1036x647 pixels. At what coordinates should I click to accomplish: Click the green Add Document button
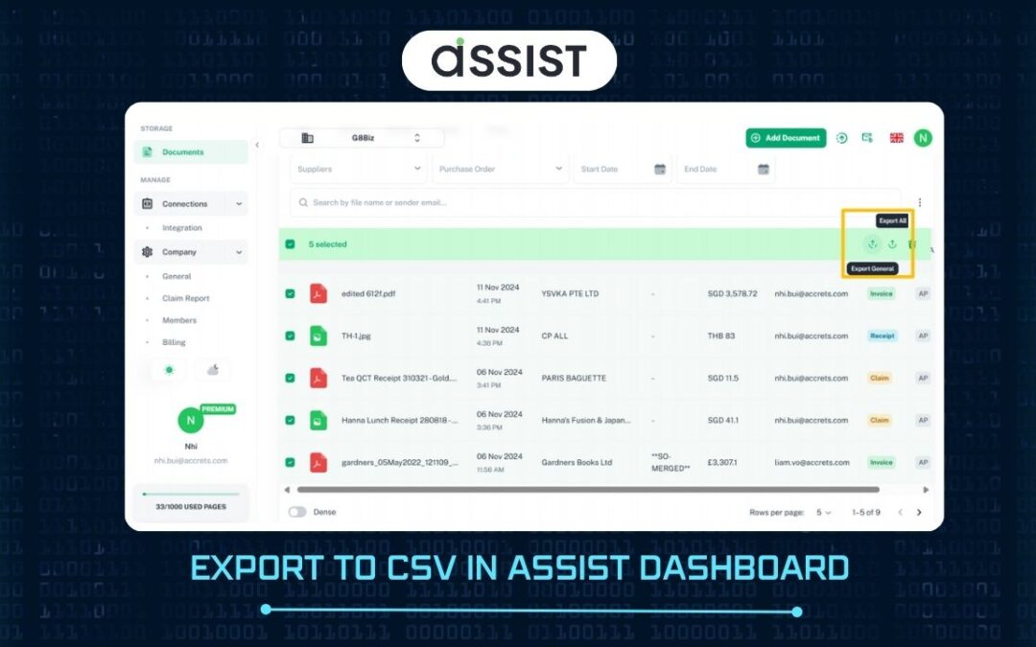(x=786, y=138)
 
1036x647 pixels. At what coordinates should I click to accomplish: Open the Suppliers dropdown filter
(x=359, y=169)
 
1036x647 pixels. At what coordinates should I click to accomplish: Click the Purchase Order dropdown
(x=500, y=169)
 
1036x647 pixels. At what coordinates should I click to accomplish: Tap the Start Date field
(x=622, y=169)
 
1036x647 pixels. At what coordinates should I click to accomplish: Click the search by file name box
(x=595, y=202)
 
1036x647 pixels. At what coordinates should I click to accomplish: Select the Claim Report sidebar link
(x=185, y=298)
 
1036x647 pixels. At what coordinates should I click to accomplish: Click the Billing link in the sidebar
(x=174, y=342)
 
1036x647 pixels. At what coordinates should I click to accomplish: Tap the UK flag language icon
(x=897, y=138)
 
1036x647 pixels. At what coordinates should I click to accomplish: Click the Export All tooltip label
(x=892, y=220)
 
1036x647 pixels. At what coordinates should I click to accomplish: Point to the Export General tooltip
(x=871, y=268)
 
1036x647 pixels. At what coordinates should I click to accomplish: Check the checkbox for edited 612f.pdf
(x=291, y=293)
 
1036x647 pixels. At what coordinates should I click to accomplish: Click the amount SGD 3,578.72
(x=732, y=293)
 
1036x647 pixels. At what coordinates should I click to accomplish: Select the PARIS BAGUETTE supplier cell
(x=574, y=378)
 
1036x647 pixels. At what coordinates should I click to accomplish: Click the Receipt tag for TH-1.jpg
(x=882, y=335)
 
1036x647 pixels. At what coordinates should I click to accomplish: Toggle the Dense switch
(x=297, y=512)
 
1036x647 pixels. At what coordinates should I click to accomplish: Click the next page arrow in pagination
(x=919, y=512)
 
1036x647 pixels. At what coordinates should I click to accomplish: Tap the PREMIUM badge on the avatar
(x=218, y=408)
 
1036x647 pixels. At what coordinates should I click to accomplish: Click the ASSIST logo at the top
(x=508, y=60)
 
